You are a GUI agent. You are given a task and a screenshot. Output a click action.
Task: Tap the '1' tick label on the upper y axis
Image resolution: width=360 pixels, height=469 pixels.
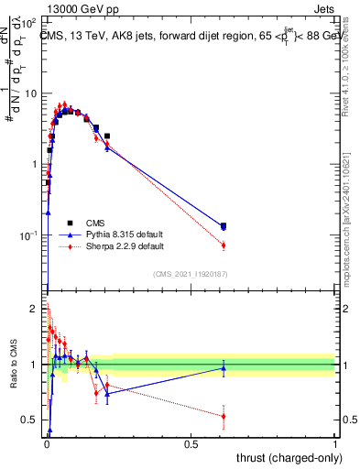click(37, 164)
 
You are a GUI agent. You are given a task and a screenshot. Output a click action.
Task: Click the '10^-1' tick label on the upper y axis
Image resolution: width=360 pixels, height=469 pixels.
click(30, 235)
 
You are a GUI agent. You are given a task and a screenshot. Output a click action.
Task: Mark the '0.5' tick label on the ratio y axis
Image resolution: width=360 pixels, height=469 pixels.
click(32, 420)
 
